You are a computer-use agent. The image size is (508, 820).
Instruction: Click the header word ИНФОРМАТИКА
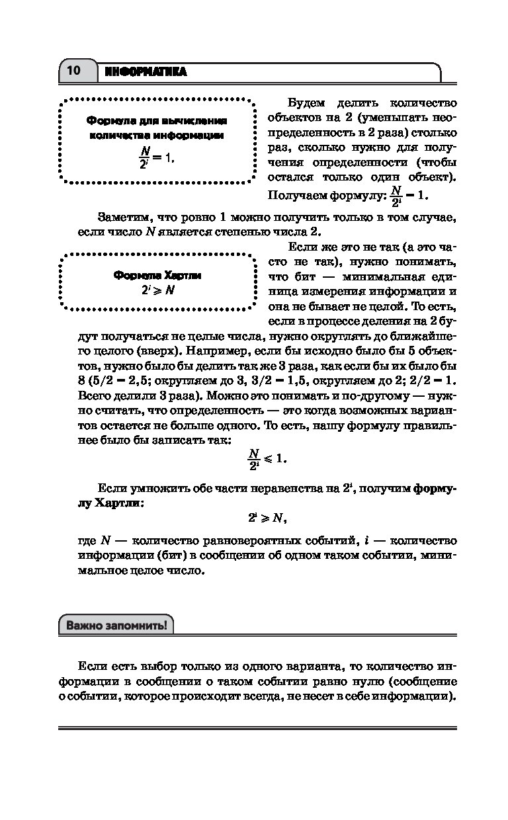pos(146,71)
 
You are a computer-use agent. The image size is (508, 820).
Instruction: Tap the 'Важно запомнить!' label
pos(116,626)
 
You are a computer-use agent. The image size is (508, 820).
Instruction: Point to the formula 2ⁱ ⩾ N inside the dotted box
pos(157,290)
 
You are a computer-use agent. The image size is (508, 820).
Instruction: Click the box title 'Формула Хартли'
pos(157,275)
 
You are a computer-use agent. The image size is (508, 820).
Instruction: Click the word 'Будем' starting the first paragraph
pos(306,103)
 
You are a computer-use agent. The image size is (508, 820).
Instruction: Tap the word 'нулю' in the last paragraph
pos(357,681)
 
